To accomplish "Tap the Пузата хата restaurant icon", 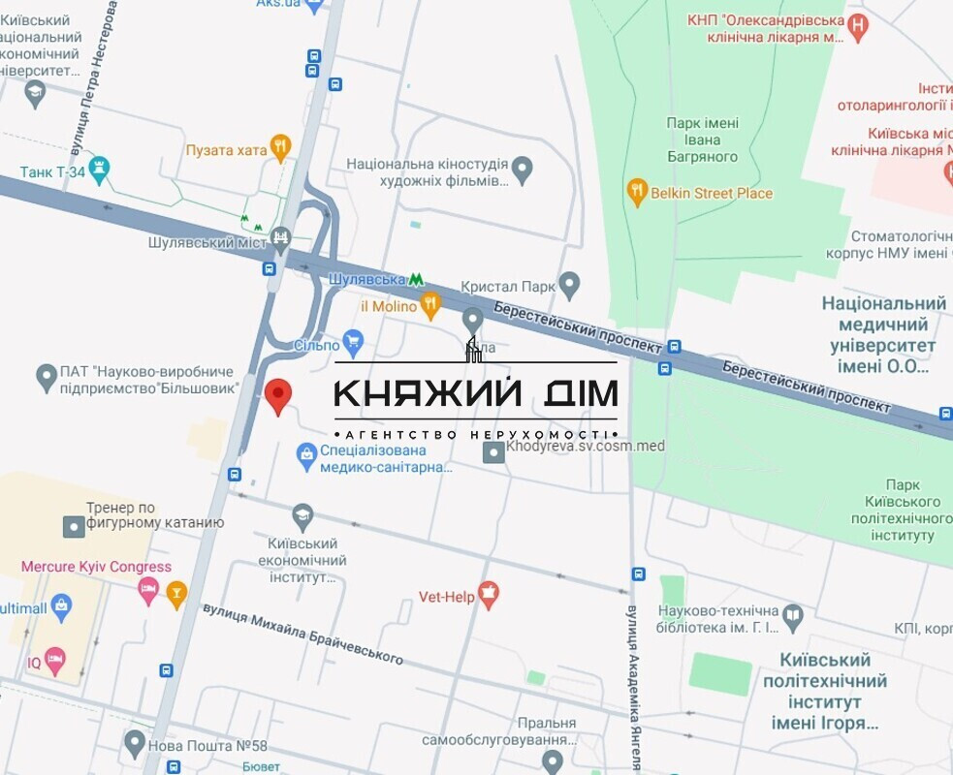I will [x=280, y=147].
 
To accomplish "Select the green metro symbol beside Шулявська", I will [x=416, y=279].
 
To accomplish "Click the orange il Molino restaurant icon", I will [x=431, y=307].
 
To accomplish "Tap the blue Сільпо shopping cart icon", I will [x=353, y=341].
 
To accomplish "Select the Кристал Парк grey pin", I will [x=569, y=286].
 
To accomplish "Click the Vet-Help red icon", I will [x=489, y=595].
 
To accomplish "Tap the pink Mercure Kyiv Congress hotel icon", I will [x=148, y=589].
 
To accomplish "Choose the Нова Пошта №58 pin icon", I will [x=135, y=744].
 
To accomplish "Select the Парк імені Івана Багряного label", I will [x=703, y=139].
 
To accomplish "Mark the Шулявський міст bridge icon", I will [x=281, y=236].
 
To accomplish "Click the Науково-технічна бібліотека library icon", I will [x=793, y=615].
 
